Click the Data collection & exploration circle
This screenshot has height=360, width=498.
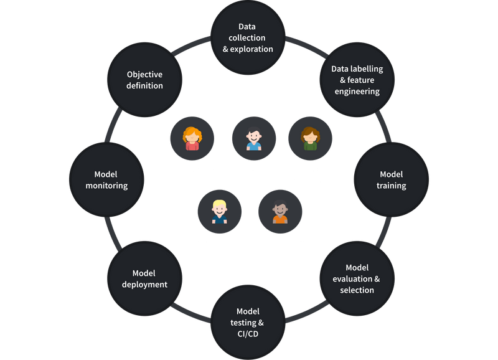click(247, 38)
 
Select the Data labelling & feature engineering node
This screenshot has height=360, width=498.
click(357, 80)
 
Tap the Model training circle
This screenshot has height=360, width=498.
click(392, 180)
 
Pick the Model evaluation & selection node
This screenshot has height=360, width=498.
click(357, 279)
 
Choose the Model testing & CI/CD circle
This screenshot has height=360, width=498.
click(247, 323)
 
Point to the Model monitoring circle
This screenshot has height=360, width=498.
click(106, 180)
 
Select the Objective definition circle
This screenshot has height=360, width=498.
click(144, 80)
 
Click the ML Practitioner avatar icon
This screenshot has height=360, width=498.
click(192, 138)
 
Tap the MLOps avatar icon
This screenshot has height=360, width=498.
click(253, 138)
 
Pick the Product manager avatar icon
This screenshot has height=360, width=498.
click(310, 138)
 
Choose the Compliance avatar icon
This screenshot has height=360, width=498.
click(219, 212)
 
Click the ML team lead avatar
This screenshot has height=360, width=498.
click(280, 212)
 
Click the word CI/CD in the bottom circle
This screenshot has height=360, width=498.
click(248, 334)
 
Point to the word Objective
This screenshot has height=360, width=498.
click(144, 74)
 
